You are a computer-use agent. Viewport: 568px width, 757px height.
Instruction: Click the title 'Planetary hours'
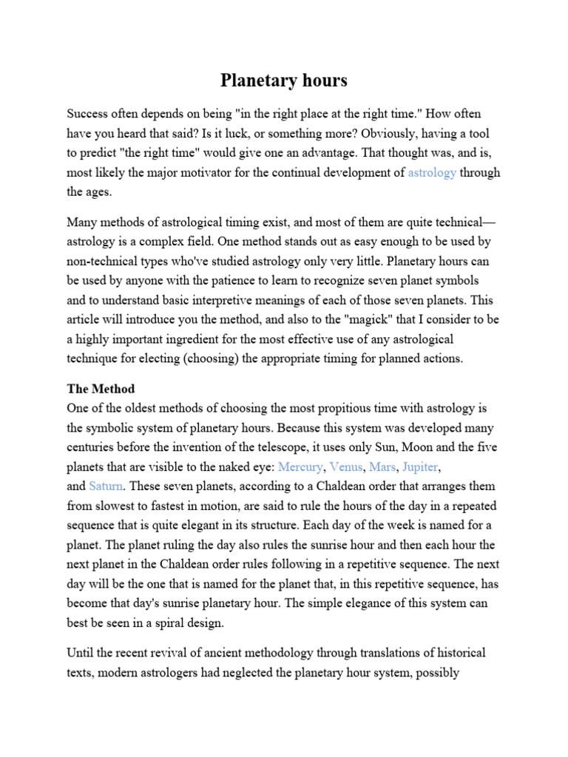284,81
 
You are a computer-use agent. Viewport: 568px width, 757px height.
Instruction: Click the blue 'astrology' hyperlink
432,172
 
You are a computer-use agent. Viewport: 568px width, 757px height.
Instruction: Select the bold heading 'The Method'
100,388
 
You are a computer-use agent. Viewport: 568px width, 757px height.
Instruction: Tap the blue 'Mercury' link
300,466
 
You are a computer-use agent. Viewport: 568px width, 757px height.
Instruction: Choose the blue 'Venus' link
346,466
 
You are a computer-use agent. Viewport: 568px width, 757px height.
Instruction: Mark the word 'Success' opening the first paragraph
88,115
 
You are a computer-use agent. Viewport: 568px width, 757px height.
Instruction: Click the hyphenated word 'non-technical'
101,261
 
